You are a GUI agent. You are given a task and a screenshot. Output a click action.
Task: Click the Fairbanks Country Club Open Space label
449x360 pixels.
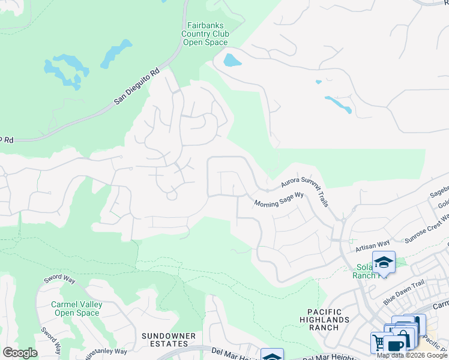click(x=205, y=34)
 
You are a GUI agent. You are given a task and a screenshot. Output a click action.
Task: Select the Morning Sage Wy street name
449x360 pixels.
click(x=279, y=199)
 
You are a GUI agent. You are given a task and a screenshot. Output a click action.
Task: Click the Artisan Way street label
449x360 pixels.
click(x=372, y=245)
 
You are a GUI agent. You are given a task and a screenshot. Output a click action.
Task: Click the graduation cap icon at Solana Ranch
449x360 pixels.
click(x=384, y=262)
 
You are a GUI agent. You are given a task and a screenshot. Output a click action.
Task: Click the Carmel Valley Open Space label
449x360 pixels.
click(x=76, y=308)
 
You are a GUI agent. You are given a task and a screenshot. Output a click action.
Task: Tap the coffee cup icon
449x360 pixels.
click(x=396, y=344)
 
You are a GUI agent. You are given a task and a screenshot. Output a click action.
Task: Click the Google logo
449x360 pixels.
click(x=20, y=352)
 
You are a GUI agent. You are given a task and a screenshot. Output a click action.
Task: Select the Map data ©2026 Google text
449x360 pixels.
click(x=412, y=355)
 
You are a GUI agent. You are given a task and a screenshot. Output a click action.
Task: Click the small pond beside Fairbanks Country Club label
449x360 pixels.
click(x=232, y=60)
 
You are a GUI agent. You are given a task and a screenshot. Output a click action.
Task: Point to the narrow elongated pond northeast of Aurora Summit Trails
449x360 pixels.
click(x=339, y=104)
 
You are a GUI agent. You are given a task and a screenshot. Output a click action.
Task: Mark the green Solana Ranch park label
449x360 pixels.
click(x=364, y=271)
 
